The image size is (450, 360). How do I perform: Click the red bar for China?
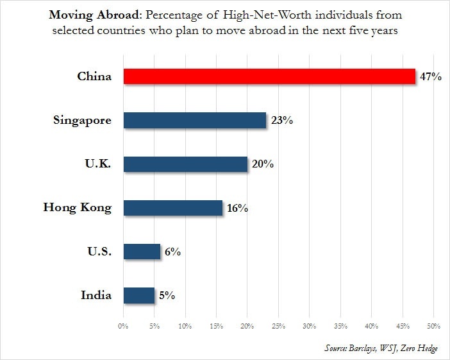[x=269, y=76]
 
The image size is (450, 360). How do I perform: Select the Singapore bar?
[x=195, y=120]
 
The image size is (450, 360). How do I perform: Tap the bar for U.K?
[x=185, y=164]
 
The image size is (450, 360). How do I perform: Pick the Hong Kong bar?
[x=173, y=208]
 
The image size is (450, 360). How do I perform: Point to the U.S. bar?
[x=142, y=252]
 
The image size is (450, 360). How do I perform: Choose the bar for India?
[x=139, y=295]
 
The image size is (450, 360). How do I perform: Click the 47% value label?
[x=431, y=76]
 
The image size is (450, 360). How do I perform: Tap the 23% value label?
[x=282, y=120]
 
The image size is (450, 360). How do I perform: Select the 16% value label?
[x=237, y=208]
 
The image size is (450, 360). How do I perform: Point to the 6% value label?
[x=172, y=252]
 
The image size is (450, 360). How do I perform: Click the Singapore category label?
[x=82, y=121]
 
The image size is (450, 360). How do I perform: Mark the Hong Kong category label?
[x=78, y=208]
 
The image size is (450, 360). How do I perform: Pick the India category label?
[x=96, y=295]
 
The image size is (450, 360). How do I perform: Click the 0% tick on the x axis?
[x=123, y=326]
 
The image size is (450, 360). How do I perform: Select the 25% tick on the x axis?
[x=278, y=326]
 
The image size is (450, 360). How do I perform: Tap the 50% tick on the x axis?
[x=433, y=326]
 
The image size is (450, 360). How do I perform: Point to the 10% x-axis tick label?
[x=185, y=326]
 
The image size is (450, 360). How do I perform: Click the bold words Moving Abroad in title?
[x=94, y=15]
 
